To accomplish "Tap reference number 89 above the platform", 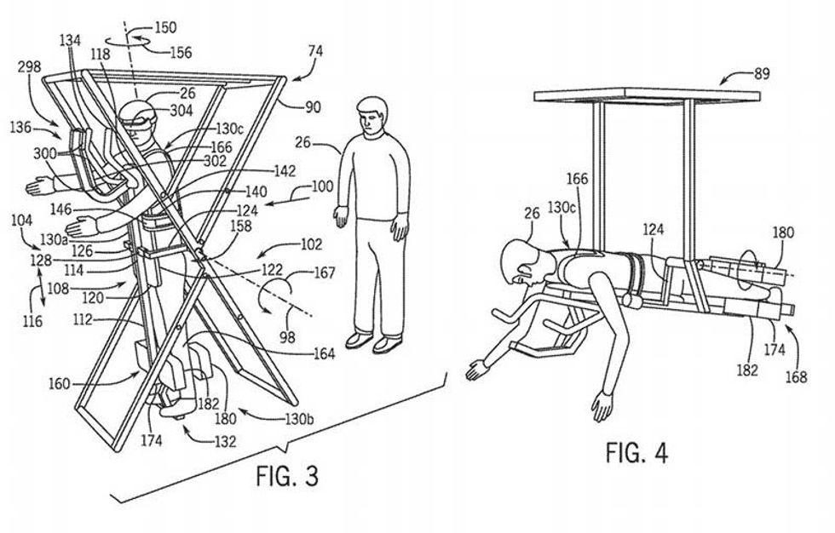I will click(761, 74).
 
